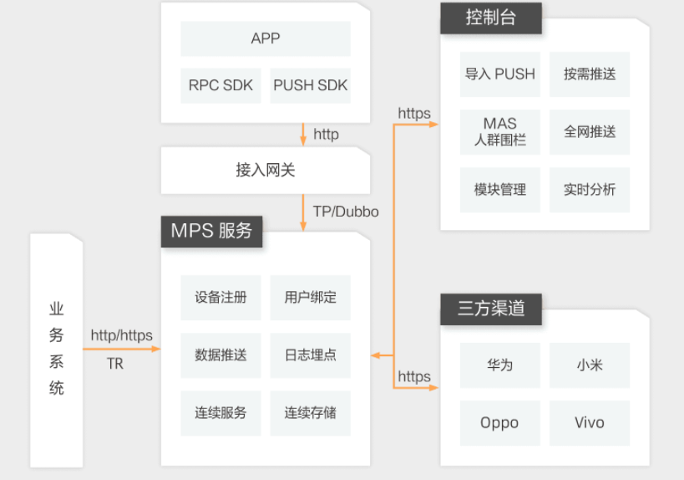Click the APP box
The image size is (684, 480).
coord(266,38)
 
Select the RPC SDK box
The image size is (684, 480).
coord(220,85)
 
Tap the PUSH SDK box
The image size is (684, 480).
coord(310,85)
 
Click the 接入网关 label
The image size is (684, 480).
coord(266,171)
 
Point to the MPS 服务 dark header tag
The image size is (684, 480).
coord(211,230)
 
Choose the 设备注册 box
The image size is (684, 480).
coord(220,297)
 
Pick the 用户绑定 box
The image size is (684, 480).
coord(310,297)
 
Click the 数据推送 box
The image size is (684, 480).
coord(220,355)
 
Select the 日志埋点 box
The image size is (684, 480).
coord(310,355)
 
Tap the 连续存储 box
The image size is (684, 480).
coord(310,412)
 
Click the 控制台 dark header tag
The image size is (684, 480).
coord(490,18)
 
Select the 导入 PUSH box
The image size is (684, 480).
coord(500,74)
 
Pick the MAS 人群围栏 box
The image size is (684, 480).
coord(500,131)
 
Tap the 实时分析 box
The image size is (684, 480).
coord(590,190)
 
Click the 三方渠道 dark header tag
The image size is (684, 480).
coord(491,308)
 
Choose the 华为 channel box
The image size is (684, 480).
coord(500,365)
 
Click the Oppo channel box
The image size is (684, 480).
coord(500,422)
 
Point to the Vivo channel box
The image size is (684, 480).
coord(590,422)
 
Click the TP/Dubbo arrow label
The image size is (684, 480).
coord(346,212)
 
